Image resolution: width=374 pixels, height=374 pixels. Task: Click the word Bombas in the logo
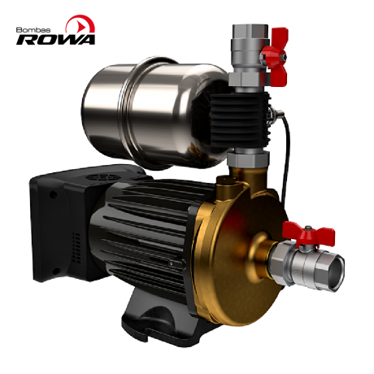[x=33, y=30]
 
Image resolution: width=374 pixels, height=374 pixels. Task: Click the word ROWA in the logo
[x=56, y=40]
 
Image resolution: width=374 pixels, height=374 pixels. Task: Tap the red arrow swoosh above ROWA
[x=80, y=24]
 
